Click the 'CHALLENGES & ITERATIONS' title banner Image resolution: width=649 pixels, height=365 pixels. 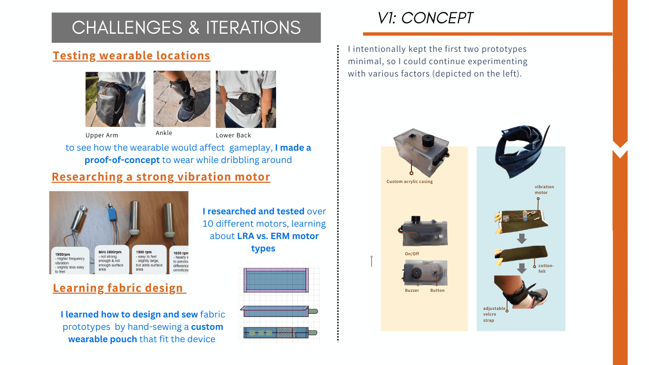pyautogui.click(x=186, y=28)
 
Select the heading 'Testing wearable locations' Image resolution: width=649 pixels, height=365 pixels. pyautogui.click(x=131, y=56)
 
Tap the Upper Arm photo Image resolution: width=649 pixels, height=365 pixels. pyautogui.click(x=115, y=99)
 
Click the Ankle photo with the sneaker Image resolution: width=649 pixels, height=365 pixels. pyautogui.click(x=181, y=99)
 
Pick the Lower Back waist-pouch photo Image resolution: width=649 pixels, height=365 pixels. pyautogui.click(x=246, y=99)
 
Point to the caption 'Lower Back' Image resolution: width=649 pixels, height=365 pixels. pyautogui.click(x=233, y=135)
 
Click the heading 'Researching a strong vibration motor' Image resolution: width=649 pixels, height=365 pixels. pyautogui.click(x=161, y=177)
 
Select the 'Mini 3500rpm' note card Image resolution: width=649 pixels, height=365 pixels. pyautogui.click(x=112, y=259)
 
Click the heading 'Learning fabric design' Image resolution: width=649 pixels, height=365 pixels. pyautogui.click(x=118, y=288)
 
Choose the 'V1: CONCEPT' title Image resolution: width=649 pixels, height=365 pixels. pyautogui.click(x=425, y=18)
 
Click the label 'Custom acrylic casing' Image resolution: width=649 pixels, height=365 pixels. pyautogui.click(x=410, y=182)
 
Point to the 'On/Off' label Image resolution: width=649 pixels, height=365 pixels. pyautogui.click(x=411, y=254)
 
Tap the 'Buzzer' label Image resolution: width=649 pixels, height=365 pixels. pyautogui.click(x=412, y=290)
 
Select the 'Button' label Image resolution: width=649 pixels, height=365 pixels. pyautogui.click(x=437, y=290)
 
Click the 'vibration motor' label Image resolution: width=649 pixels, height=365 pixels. pyautogui.click(x=544, y=190)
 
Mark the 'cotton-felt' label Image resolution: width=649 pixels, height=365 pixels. pyautogui.click(x=545, y=268)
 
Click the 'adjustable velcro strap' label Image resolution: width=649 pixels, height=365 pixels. pyautogui.click(x=494, y=314)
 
